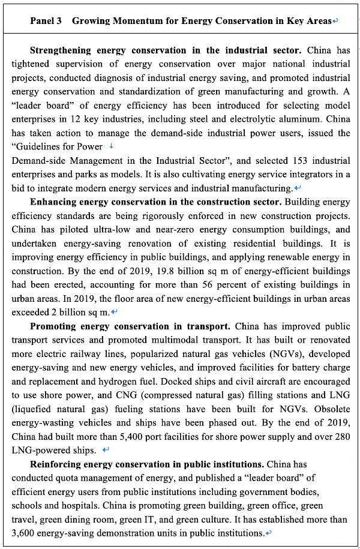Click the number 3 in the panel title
61,20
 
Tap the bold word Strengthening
59,50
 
